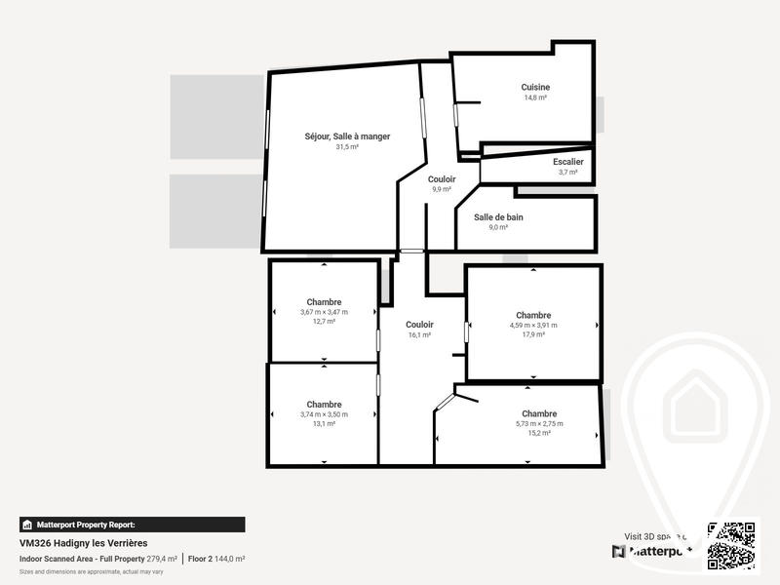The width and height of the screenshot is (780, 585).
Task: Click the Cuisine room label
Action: (x=535, y=87)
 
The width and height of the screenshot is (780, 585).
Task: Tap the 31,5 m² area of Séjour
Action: (x=347, y=147)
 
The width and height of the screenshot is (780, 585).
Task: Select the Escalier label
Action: (x=567, y=161)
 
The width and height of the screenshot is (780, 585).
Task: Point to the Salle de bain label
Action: (x=498, y=216)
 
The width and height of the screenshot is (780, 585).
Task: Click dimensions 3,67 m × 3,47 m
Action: (x=324, y=312)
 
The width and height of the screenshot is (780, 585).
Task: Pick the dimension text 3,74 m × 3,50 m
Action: (x=324, y=414)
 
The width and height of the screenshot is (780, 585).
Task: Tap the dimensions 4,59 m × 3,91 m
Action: (x=533, y=326)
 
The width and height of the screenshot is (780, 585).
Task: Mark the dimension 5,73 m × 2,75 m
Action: (x=539, y=423)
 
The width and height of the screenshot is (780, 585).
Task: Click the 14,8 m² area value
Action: (x=535, y=97)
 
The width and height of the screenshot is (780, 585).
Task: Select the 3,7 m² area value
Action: (x=567, y=172)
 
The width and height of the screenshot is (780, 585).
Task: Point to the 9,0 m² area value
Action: (x=498, y=227)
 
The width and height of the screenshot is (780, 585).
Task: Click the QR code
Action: (x=732, y=545)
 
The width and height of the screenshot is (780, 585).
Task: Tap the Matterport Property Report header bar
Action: (x=132, y=525)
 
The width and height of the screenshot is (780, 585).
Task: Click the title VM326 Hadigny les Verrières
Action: (x=83, y=544)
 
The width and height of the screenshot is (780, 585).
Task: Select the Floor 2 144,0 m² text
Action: (x=216, y=559)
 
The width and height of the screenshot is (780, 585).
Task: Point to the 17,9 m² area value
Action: (x=533, y=335)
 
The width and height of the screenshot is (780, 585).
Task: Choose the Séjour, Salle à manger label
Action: (x=347, y=136)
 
